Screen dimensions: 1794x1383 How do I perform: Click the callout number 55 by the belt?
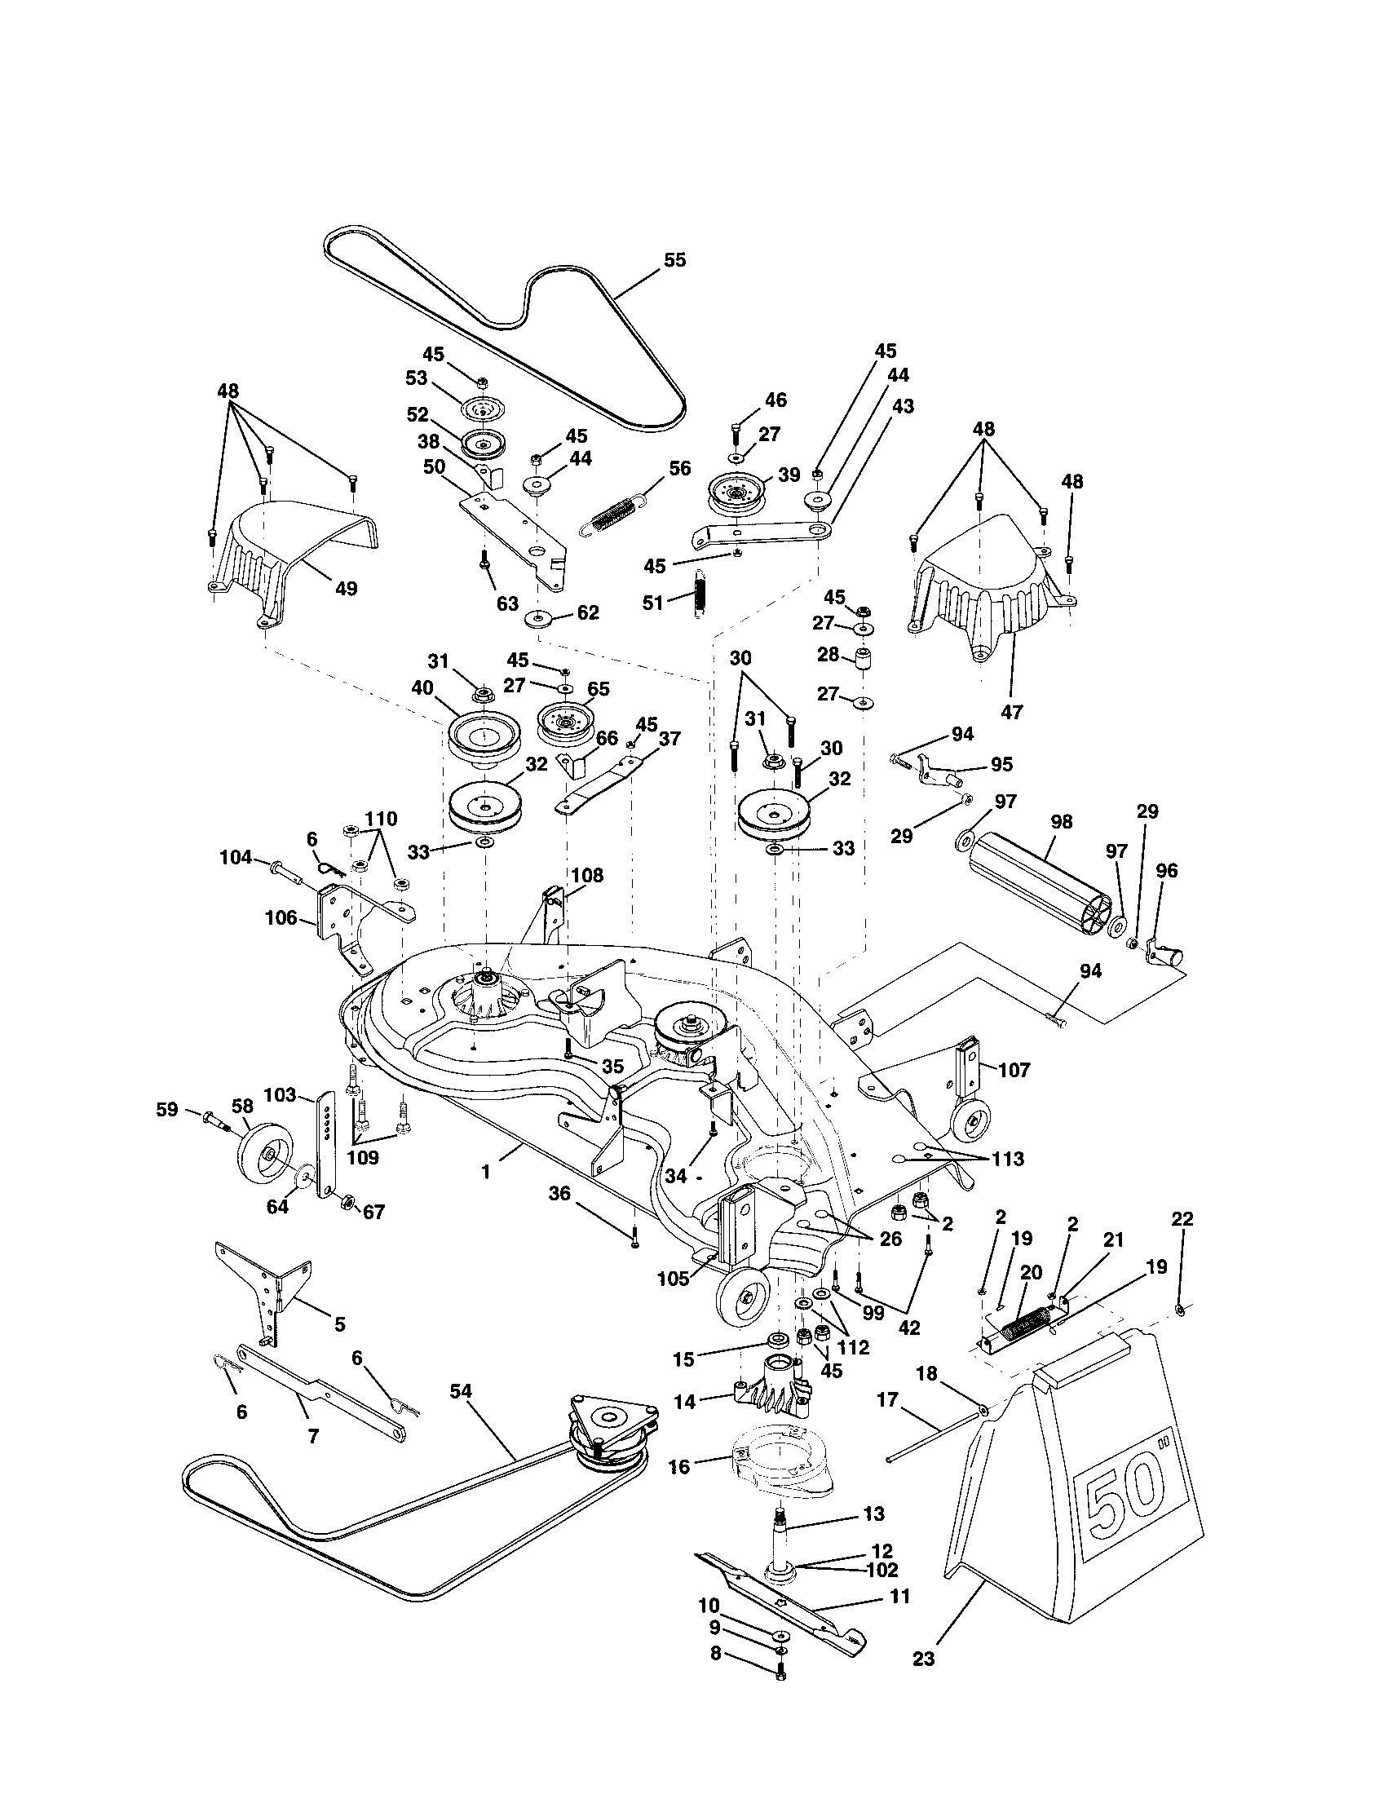click(x=674, y=260)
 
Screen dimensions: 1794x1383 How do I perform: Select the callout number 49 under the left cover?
click(x=347, y=589)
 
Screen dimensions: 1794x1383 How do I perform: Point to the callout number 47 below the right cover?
click(x=1011, y=712)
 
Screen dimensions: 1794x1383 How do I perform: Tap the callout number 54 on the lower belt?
click(x=462, y=1390)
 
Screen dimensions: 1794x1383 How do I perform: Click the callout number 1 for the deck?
click(x=485, y=1172)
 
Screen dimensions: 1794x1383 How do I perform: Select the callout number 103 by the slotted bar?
click(x=279, y=1095)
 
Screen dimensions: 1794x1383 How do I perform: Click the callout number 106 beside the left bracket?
click(x=281, y=917)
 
